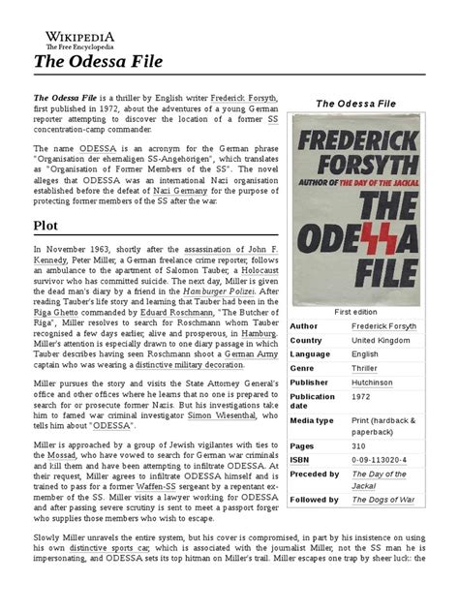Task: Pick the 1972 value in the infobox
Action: point(361,396)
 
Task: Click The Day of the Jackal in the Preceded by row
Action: point(378,479)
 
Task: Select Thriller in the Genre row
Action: point(364,368)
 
